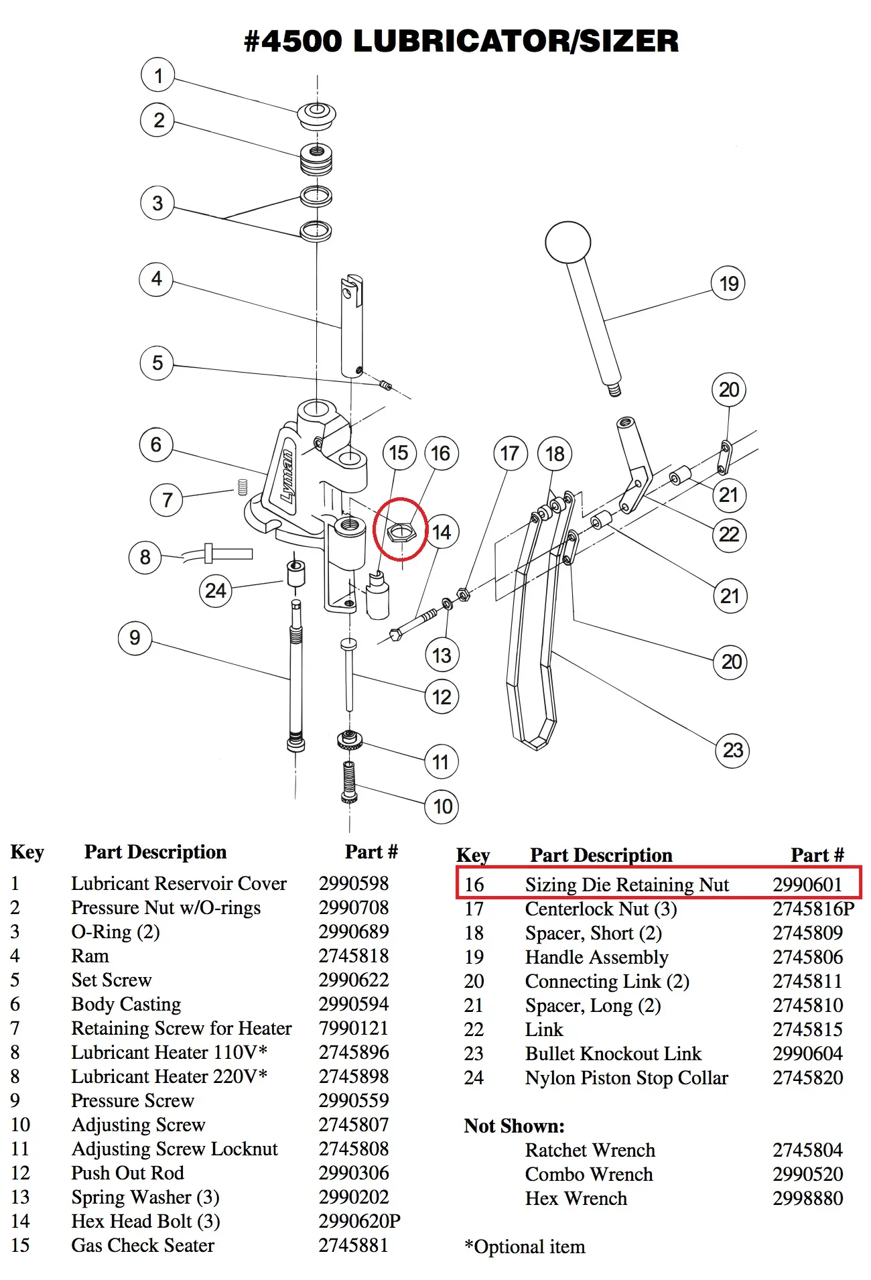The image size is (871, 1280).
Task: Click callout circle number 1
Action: tap(158, 75)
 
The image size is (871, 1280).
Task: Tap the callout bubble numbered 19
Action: tap(728, 283)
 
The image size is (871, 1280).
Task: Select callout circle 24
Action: tap(215, 590)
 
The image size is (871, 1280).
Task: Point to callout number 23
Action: tap(732, 750)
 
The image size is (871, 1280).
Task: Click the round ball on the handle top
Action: tap(567, 242)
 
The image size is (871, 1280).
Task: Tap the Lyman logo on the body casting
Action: tap(287, 476)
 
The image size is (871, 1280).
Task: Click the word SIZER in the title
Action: tap(628, 42)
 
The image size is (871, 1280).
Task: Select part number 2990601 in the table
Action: tap(807, 885)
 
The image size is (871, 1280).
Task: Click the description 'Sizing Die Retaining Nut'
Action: tap(626, 885)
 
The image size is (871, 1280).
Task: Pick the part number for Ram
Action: tap(354, 956)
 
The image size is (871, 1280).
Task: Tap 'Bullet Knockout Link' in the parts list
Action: tap(613, 1053)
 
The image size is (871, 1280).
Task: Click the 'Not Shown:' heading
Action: tap(514, 1126)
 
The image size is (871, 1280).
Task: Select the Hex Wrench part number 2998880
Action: tap(807, 1198)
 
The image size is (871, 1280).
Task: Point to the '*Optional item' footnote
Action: tap(525, 1246)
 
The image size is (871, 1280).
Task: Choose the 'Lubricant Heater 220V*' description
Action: tap(169, 1076)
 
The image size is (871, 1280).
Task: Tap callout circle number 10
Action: tap(442, 806)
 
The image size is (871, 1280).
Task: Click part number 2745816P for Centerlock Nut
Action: tap(813, 909)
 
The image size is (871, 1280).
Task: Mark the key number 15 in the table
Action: tap(20, 1245)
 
